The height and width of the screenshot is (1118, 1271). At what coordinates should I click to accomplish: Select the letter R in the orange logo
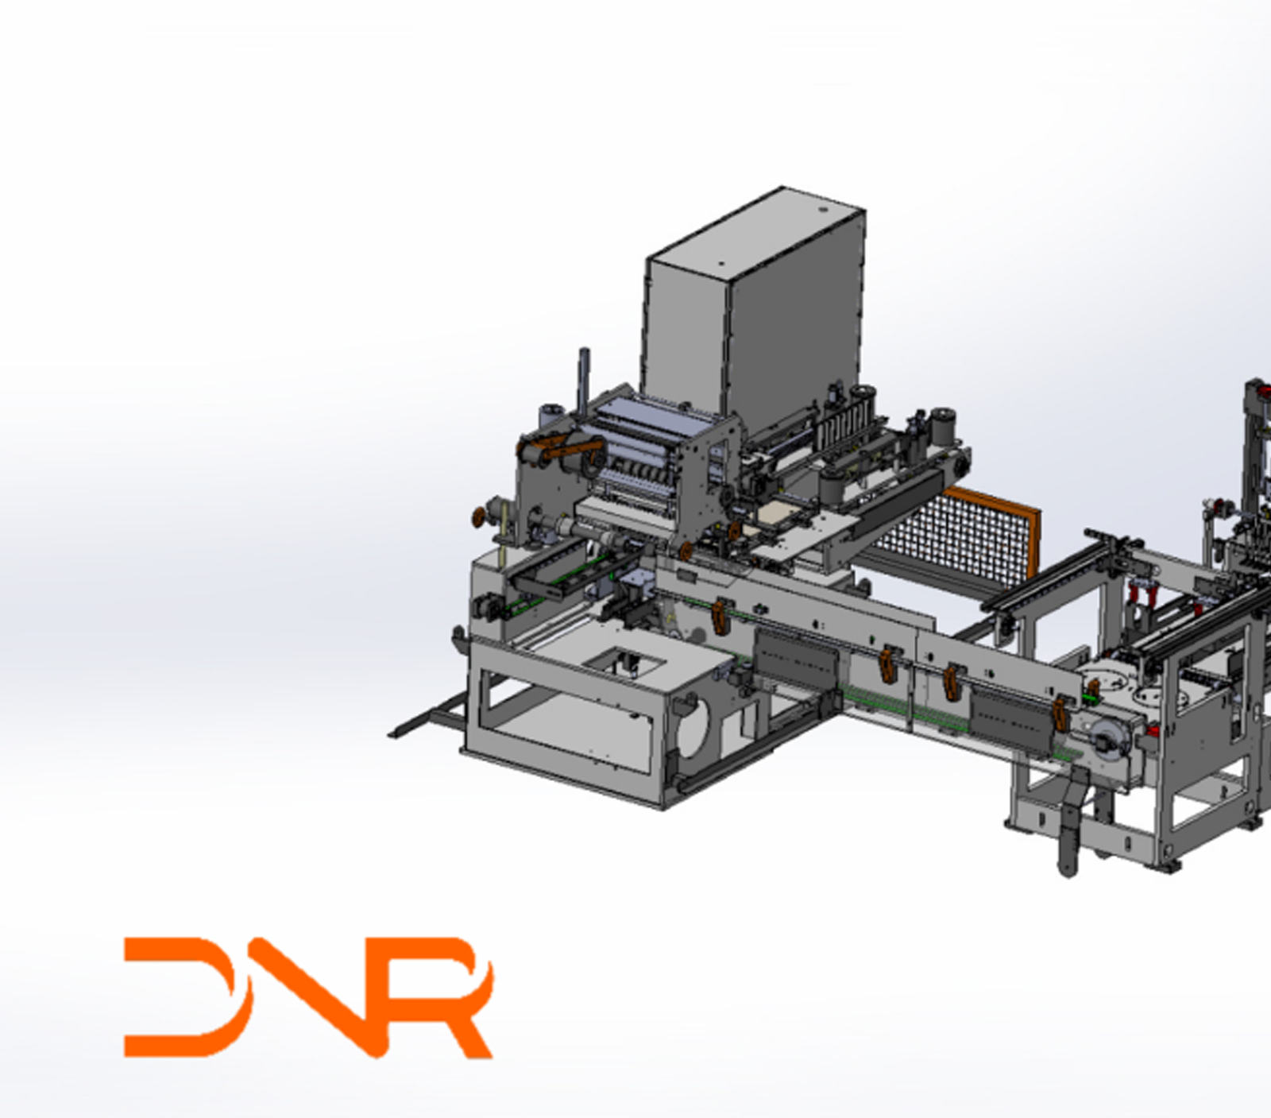445,997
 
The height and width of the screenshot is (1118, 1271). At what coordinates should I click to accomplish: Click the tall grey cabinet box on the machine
755,310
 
